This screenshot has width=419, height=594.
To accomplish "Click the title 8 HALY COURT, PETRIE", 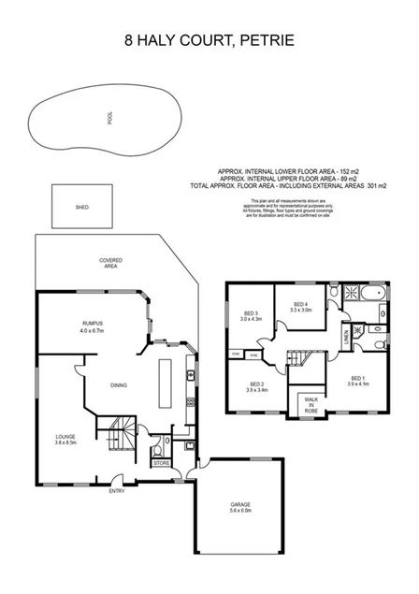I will (x=209, y=41).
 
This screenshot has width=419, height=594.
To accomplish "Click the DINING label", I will (x=119, y=384).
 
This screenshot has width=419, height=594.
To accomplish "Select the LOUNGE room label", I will (x=65, y=436).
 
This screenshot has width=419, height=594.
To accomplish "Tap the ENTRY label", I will (x=117, y=491).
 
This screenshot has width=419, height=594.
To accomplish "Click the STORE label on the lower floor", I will (x=161, y=462).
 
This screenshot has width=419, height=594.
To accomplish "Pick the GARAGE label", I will (x=240, y=504).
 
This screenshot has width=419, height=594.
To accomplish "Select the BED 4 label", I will (x=301, y=304).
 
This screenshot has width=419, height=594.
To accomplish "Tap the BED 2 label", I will (x=257, y=384).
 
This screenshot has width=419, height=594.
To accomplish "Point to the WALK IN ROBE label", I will (x=311, y=404).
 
